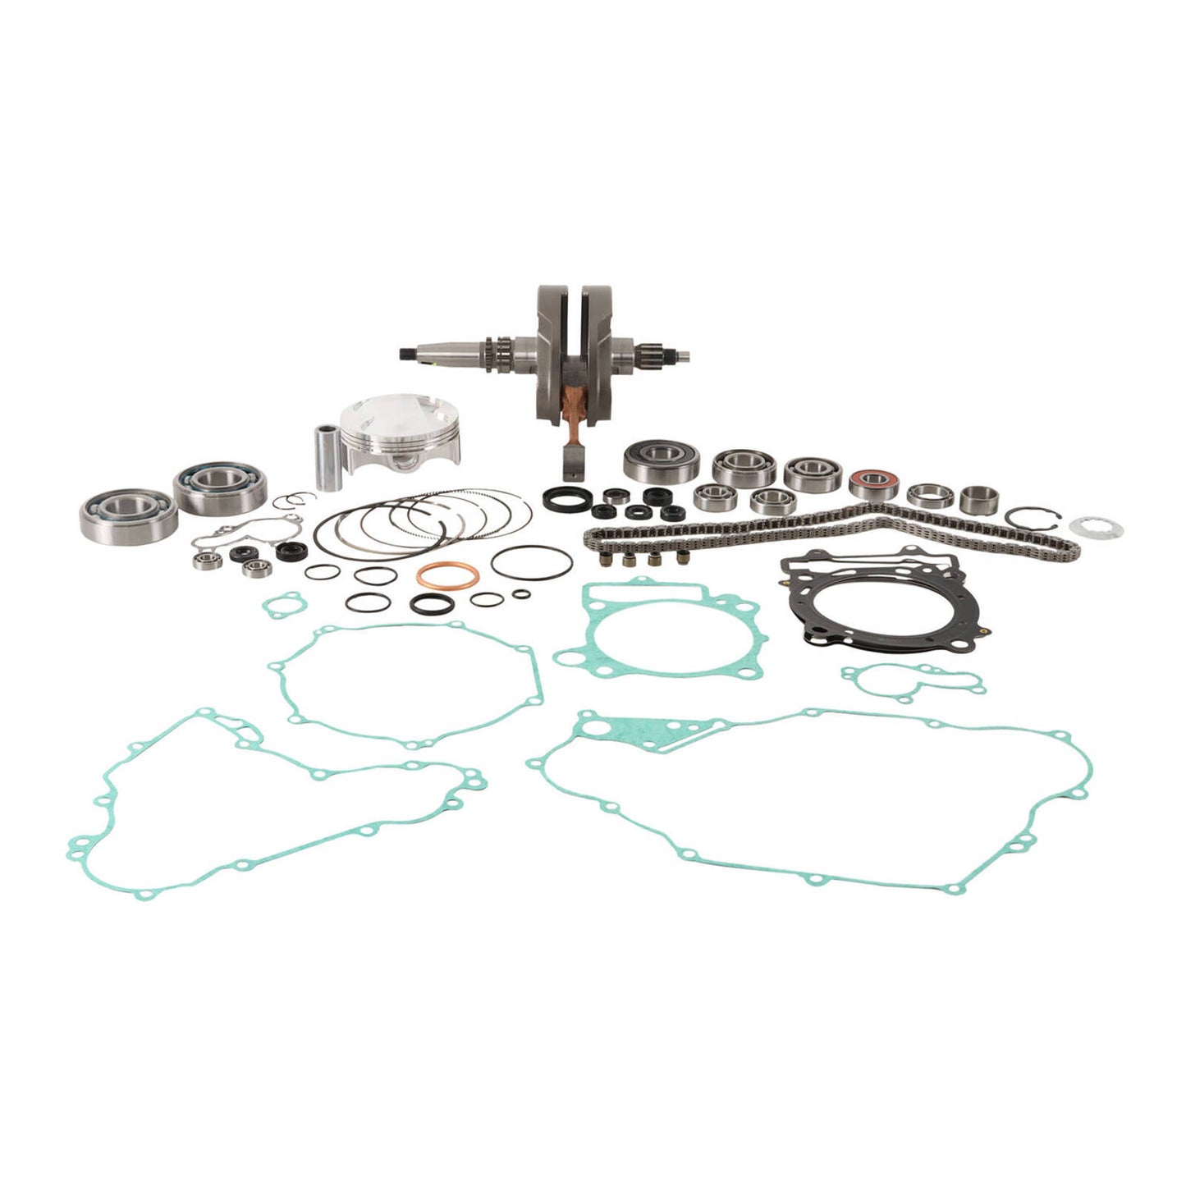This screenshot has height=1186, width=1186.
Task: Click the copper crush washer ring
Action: tap(447, 577)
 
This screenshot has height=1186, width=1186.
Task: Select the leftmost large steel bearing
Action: tap(129, 512)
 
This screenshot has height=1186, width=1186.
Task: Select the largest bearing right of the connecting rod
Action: tap(650, 462)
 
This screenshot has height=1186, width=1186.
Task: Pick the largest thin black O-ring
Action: tap(524, 563)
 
